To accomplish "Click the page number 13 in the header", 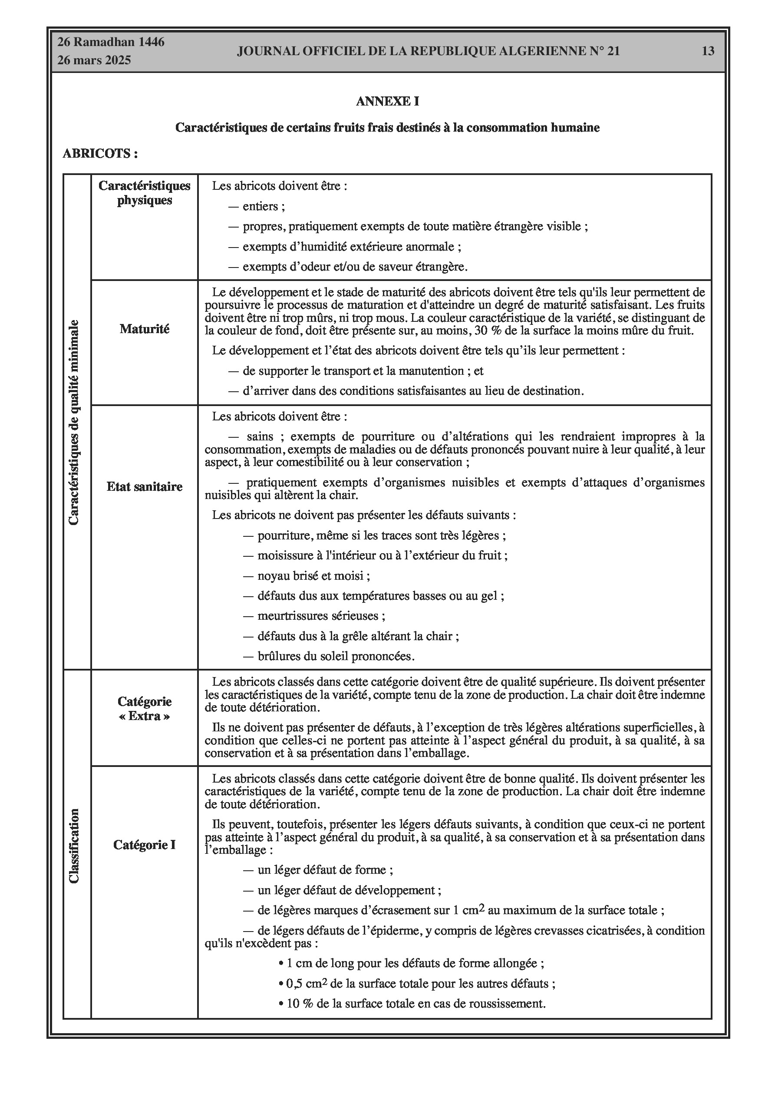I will [x=708, y=51].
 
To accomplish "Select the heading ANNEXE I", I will [x=387, y=101].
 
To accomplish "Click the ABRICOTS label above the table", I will [x=100, y=154].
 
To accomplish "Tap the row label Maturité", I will [x=144, y=329].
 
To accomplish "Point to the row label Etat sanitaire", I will [x=144, y=487].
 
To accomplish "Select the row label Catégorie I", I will [x=144, y=845].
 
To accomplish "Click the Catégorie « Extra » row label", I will [x=144, y=709].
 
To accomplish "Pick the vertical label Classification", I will [x=74, y=846].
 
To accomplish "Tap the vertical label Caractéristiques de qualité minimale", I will [x=74, y=423].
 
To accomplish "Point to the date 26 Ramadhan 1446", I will [x=111, y=42].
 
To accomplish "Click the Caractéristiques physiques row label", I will [x=144, y=192].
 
